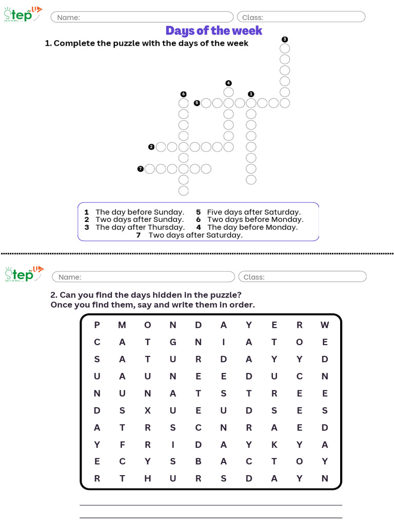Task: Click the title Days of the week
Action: pos(214,31)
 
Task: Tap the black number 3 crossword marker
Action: pos(285,40)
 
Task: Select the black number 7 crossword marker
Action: pos(140,168)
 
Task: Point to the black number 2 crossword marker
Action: pos(151,147)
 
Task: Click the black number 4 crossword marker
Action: pos(228,83)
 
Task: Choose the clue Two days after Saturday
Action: pos(195,235)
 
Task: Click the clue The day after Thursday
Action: pos(140,227)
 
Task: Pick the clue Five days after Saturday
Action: pos(253,212)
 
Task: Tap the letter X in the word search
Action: pos(147,410)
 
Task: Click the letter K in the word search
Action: pos(274,444)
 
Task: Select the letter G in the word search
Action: pos(173,342)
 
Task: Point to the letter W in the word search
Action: pos(325,325)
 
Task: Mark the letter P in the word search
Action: pos(97,325)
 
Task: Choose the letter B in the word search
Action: pos(199,461)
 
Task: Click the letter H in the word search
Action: pos(147,479)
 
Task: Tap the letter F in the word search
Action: pos(122,444)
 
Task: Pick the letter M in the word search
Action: pos(122,325)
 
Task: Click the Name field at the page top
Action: pos(142,17)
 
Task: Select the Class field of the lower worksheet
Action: pos(302,277)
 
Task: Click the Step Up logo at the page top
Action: pos(23,14)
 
